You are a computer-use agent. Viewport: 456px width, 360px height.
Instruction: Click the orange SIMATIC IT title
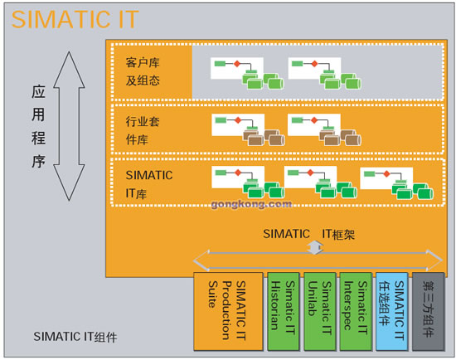coord(75,19)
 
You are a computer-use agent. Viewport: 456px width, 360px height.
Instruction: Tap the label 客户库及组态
coord(143,71)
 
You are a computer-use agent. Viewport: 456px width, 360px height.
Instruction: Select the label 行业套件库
coord(143,130)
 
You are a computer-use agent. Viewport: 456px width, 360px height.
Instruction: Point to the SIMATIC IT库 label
coord(149,184)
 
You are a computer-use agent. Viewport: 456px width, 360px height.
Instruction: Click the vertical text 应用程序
coord(38,126)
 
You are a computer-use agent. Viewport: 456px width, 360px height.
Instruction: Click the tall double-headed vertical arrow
coord(69,126)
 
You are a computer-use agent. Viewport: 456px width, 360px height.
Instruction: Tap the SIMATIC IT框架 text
coord(309,234)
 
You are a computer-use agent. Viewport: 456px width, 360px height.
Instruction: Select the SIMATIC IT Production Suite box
coord(228,311)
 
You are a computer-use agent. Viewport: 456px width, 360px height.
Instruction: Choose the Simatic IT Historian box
coord(284,311)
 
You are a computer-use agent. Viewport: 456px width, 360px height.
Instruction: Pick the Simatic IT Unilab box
coord(319,311)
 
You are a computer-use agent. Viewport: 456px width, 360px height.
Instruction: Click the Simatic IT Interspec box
coord(356,311)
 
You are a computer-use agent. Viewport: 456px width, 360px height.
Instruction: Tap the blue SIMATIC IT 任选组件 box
coord(391,311)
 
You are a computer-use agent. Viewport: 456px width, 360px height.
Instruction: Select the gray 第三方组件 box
coord(429,311)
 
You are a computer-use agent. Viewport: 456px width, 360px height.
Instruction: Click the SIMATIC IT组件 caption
coord(75,337)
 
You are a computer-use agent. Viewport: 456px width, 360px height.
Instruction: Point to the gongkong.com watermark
coord(251,204)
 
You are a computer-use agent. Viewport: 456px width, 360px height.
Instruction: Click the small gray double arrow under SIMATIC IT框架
coord(315,248)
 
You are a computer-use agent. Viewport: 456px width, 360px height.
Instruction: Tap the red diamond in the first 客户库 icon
coord(237,63)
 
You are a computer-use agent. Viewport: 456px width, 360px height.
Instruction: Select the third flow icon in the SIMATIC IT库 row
coord(396,183)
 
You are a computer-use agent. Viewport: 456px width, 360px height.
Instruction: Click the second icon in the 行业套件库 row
coord(324,129)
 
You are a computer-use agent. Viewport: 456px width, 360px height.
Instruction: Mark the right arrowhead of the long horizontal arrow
coord(434,260)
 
